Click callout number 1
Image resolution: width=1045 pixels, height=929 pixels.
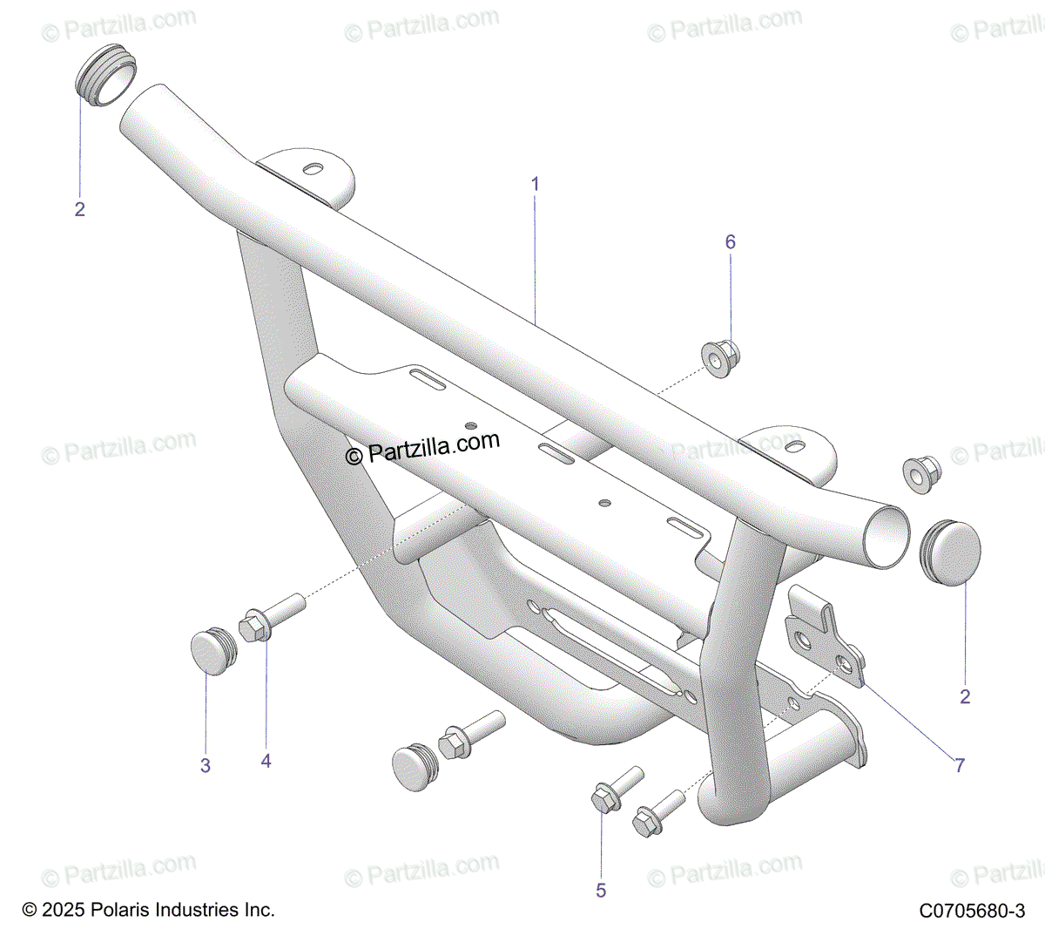tap(536, 184)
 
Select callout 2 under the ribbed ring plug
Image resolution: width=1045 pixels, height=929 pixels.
tap(80, 209)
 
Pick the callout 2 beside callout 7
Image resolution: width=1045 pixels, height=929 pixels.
tap(965, 696)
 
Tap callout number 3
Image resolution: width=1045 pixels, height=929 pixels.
tap(206, 766)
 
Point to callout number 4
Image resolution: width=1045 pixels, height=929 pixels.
tap(266, 761)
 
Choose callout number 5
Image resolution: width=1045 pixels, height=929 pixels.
tap(601, 890)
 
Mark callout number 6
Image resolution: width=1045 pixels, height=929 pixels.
tap(731, 241)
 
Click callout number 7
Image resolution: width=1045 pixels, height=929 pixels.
tap(960, 765)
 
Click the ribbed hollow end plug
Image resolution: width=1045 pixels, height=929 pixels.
tap(104, 74)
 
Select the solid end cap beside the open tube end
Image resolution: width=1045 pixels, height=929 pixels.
tap(951, 552)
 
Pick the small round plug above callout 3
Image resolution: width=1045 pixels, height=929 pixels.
tap(212, 652)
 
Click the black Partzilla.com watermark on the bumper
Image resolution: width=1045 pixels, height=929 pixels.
tap(423, 449)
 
